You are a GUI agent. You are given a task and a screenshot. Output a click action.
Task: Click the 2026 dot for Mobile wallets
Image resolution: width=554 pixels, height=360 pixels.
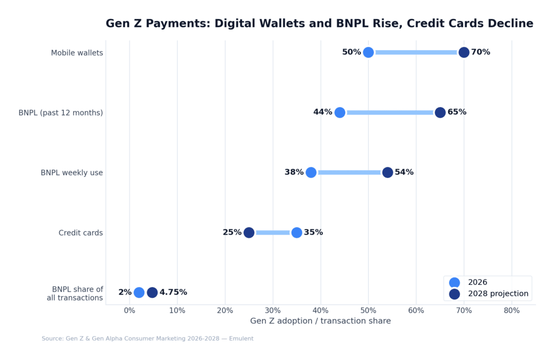368,52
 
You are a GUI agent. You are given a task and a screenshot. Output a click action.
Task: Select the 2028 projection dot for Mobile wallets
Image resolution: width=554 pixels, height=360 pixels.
464,52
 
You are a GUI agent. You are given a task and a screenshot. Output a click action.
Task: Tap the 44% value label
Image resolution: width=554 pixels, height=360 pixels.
322,112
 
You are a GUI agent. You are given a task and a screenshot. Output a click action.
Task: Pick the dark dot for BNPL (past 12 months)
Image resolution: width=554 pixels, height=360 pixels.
440,112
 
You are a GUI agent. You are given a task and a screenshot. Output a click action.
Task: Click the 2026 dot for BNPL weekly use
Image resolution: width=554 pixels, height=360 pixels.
311,172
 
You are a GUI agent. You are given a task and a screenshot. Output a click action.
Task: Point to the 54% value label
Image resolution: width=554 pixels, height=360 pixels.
404,172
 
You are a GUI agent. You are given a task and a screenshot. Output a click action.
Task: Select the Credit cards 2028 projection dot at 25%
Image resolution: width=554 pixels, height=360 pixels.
249,232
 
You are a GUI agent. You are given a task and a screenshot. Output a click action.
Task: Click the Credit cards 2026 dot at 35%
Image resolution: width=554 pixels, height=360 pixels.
296,232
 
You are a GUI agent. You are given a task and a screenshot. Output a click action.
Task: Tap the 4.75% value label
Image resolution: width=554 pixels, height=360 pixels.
173,292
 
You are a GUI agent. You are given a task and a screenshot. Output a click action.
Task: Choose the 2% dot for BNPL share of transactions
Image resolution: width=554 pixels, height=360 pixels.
139,292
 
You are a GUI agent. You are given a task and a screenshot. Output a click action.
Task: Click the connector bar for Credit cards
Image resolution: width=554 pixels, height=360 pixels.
273,232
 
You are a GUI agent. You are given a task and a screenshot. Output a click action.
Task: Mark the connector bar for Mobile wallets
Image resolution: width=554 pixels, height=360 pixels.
416,52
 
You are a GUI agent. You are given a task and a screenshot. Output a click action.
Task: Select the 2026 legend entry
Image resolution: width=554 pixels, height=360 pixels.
477,282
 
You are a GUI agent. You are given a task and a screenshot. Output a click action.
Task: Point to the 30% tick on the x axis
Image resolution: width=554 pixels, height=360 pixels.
273,311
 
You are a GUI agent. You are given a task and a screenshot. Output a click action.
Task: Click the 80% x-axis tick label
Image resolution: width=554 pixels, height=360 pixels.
511,311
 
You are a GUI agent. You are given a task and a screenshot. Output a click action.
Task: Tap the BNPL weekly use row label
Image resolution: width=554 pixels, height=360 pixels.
71,173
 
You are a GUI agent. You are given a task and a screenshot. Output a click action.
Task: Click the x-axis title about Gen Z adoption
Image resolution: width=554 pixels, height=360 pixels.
320,321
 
